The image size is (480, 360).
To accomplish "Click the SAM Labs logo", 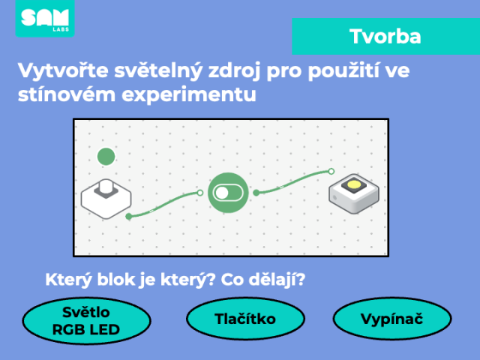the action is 45,18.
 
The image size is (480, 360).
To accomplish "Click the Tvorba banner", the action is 385,37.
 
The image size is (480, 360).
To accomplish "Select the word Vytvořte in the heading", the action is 63,70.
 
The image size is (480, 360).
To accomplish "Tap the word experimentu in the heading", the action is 189,94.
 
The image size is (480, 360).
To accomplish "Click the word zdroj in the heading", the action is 234,71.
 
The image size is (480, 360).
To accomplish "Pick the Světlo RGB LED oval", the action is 86,321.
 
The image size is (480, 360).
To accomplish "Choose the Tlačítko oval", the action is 245,319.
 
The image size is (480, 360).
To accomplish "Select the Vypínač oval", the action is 392,319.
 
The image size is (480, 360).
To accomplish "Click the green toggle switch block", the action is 228,193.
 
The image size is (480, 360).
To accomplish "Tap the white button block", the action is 106,199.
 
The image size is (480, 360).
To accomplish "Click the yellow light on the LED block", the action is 354,184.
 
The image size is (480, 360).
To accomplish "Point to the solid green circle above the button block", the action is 106,157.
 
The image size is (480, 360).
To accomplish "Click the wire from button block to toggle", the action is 163,204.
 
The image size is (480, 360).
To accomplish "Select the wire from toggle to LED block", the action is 293,181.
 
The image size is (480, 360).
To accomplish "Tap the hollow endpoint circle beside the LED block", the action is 331,171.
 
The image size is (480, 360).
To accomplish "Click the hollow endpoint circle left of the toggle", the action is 200,193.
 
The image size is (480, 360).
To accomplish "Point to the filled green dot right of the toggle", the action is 256,193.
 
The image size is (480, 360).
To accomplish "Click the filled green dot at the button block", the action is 129,217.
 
